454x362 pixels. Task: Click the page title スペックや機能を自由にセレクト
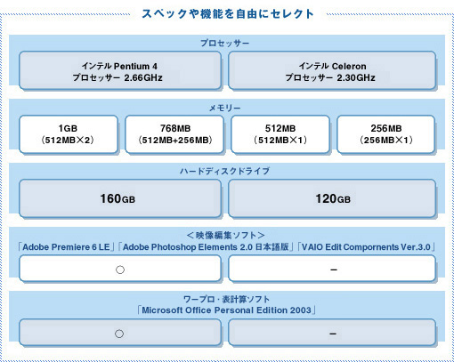228,14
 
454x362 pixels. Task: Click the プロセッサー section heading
225,44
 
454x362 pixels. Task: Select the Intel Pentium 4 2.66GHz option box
120,70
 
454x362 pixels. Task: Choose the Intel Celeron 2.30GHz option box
332,70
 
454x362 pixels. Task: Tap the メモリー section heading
225,108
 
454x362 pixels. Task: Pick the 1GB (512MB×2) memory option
69,134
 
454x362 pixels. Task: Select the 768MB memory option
174,134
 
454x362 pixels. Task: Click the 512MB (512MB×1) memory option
280,134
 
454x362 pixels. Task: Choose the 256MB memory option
386,134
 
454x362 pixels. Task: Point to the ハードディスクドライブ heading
224,171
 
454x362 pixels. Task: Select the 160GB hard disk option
120,198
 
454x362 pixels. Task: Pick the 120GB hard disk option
332,198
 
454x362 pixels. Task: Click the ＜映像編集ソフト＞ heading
225,236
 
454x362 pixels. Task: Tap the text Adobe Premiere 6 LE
66,247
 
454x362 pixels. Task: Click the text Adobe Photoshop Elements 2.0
188,247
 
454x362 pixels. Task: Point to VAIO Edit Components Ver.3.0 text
366,247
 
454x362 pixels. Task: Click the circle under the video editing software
120,269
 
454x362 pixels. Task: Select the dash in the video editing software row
334,269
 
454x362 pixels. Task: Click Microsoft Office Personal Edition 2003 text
226,310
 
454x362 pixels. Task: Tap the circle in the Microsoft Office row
119,334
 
